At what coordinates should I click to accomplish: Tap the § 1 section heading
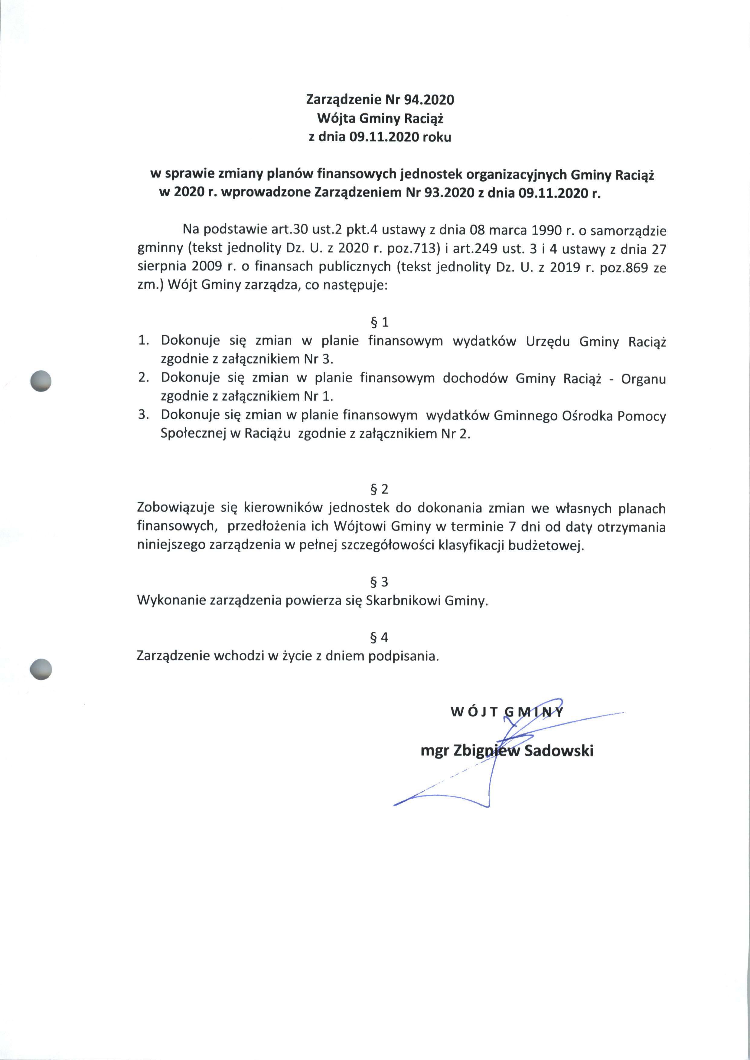pos(380,322)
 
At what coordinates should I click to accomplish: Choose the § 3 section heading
pos(380,582)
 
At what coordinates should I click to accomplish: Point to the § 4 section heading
pos(380,638)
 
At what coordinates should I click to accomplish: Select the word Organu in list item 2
pos(643,379)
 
